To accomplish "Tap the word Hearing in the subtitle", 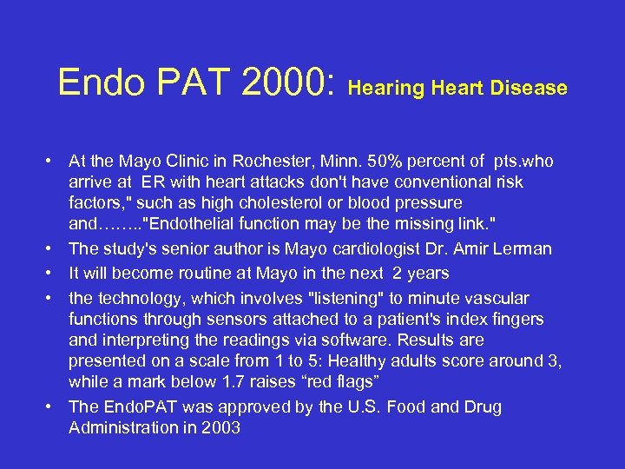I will pos(387,89).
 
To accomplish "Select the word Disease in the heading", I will pos(530,89).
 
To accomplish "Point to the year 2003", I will pos(221,427).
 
